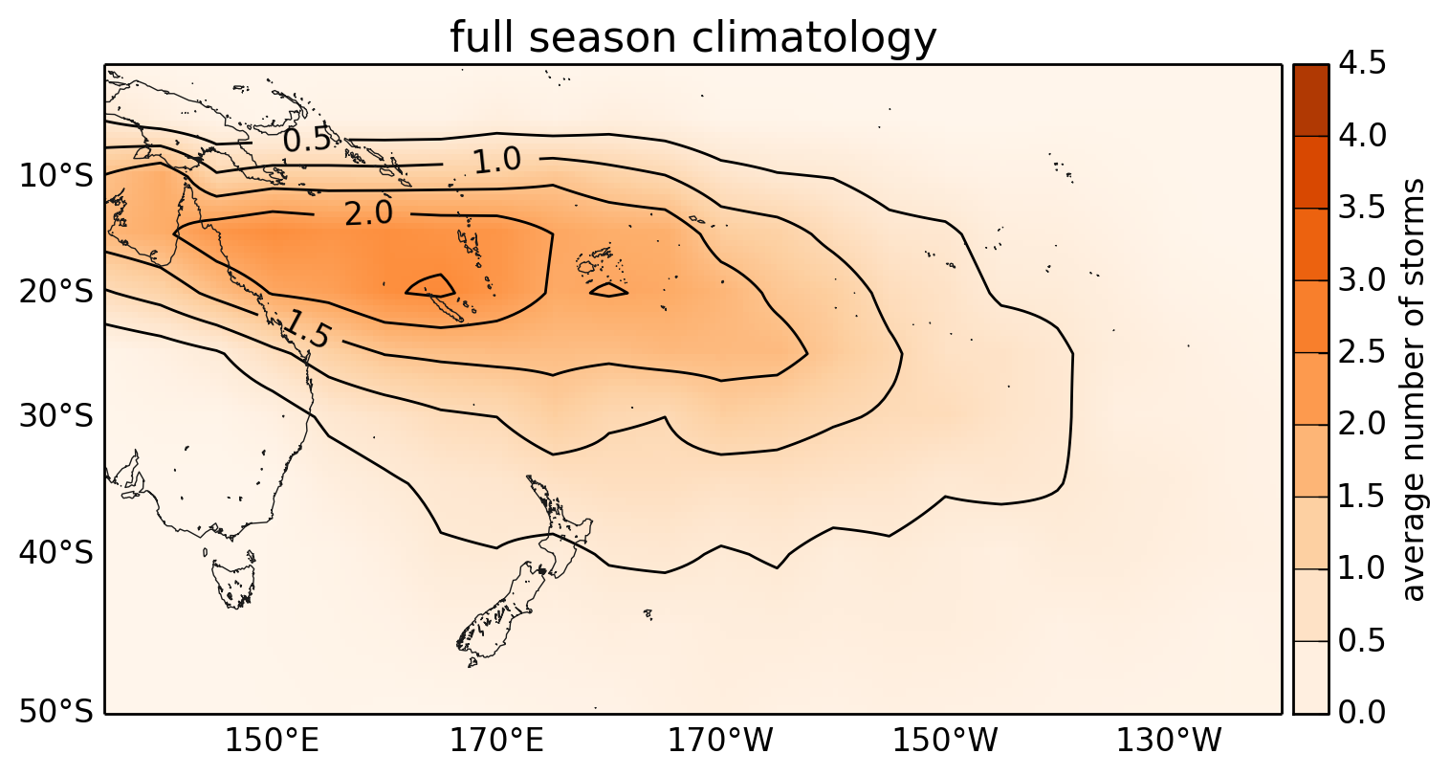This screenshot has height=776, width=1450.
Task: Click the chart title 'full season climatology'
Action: pyautogui.click(x=692, y=37)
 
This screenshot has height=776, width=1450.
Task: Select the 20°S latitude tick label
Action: pyautogui.click(x=55, y=292)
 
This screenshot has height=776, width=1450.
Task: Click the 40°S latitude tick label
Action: pyautogui.click(x=55, y=553)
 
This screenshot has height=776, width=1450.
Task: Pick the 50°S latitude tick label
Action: pyautogui.click(x=55, y=712)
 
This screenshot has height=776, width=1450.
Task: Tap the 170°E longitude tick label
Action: pyautogui.click(x=497, y=741)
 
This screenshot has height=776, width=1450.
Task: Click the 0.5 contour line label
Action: pyautogui.click(x=307, y=140)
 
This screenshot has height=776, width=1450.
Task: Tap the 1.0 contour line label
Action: pyautogui.click(x=497, y=160)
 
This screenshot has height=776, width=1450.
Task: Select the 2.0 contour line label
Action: pyautogui.click(x=368, y=213)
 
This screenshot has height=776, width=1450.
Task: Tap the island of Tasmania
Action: pyautogui.click(x=233, y=583)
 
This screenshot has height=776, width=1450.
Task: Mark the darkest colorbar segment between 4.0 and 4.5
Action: pyautogui.click(x=1310, y=100)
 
